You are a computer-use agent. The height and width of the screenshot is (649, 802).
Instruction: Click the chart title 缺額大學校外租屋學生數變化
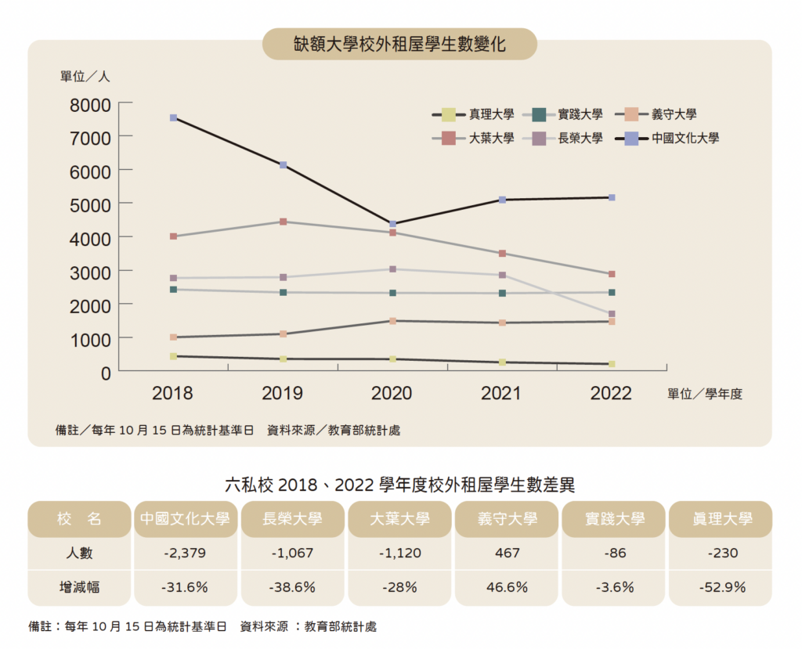click(399, 45)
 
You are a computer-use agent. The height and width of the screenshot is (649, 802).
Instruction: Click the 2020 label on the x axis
click(392, 393)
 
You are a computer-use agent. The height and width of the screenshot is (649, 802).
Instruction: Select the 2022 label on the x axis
click(611, 393)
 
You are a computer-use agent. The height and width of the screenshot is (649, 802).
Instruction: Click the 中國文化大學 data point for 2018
click(173, 117)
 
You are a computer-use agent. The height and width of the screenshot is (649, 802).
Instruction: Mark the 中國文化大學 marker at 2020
click(392, 224)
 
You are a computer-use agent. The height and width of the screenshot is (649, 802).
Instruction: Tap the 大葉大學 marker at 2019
click(283, 222)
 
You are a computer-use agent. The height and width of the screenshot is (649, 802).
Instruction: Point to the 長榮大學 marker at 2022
click(612, 314)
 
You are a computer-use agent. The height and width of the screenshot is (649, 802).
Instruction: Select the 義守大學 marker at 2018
click(173, 337)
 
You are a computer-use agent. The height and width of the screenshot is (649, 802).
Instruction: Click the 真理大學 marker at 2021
click(502, 362)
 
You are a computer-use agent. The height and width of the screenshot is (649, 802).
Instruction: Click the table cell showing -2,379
click(185, 553)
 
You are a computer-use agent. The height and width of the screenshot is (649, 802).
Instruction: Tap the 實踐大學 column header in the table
click(615, 519)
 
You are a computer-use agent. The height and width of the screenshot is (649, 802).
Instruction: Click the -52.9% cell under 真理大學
click(721, 587)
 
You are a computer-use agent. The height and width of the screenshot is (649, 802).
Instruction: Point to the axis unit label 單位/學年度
click(704, 394)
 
